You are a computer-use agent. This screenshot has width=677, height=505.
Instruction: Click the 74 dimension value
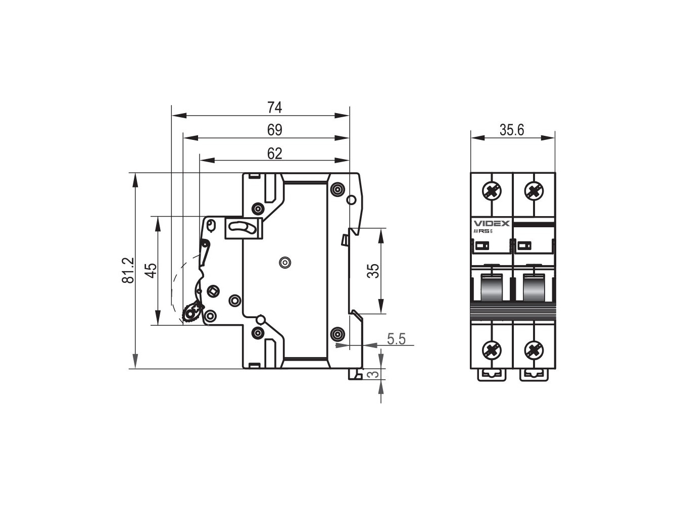coord(274,107)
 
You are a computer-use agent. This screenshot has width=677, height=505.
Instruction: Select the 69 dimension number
coord(274,130)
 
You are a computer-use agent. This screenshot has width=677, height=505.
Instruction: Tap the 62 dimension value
coord(274,153)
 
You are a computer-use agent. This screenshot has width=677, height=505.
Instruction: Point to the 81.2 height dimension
coord(128,270)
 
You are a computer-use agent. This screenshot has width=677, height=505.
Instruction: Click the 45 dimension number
coord(151,270)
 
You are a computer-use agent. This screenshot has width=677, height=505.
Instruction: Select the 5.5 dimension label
coord(396,339)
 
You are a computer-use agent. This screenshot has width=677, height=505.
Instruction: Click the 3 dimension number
coord(373,375)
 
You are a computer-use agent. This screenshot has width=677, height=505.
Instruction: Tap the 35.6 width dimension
coord(512,130)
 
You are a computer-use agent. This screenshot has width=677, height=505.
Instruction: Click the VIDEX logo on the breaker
coord(492,223)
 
